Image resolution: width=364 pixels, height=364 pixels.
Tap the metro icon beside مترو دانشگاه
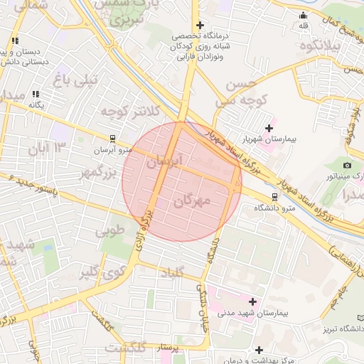coord(274,196)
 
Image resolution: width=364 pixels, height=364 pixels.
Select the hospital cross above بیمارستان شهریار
coord(269,128)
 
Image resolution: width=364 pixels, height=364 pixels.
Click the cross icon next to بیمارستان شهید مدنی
coord(253,301)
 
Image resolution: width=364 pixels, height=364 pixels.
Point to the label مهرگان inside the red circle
coord(192,201)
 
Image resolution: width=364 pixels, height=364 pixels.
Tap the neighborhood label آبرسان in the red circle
coord(164,162)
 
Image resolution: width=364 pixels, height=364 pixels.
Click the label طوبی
coord(109,230)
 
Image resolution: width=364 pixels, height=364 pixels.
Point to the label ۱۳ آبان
coord(48,148)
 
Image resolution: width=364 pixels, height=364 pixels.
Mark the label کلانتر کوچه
coord(128,111)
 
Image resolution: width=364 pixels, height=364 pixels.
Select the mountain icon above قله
coord(304,15)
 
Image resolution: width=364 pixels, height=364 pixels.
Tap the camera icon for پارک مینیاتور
coord(347,165)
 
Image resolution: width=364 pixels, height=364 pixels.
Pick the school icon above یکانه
coord(36,94)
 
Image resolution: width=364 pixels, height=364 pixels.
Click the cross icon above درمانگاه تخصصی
coord(200,25)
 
